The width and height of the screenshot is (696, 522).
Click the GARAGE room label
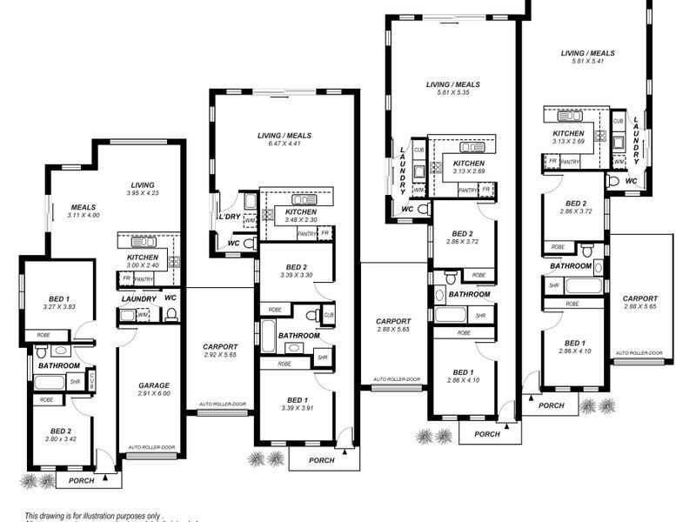point(154,385)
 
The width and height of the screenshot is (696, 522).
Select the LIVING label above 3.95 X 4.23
point(142,184)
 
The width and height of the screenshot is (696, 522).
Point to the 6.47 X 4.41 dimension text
point(284,144)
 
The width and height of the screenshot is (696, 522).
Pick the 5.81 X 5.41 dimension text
point(588,62)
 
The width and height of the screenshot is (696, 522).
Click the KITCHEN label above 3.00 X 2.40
point(142,258)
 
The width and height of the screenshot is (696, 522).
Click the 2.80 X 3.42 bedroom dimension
point(60,439)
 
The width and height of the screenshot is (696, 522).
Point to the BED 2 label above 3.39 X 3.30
point(296,267)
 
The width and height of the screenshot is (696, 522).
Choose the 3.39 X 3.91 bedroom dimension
point(297,409)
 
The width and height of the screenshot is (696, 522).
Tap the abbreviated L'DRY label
point(229,217)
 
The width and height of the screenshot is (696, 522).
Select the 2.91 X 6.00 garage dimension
point(154,394)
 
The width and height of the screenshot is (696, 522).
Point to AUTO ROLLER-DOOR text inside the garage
point(151,447)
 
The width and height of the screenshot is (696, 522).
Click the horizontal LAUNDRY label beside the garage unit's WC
point(138,298)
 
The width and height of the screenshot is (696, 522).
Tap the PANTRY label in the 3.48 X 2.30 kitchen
point(306,233)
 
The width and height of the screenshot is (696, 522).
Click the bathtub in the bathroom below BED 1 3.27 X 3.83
point(50,382)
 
